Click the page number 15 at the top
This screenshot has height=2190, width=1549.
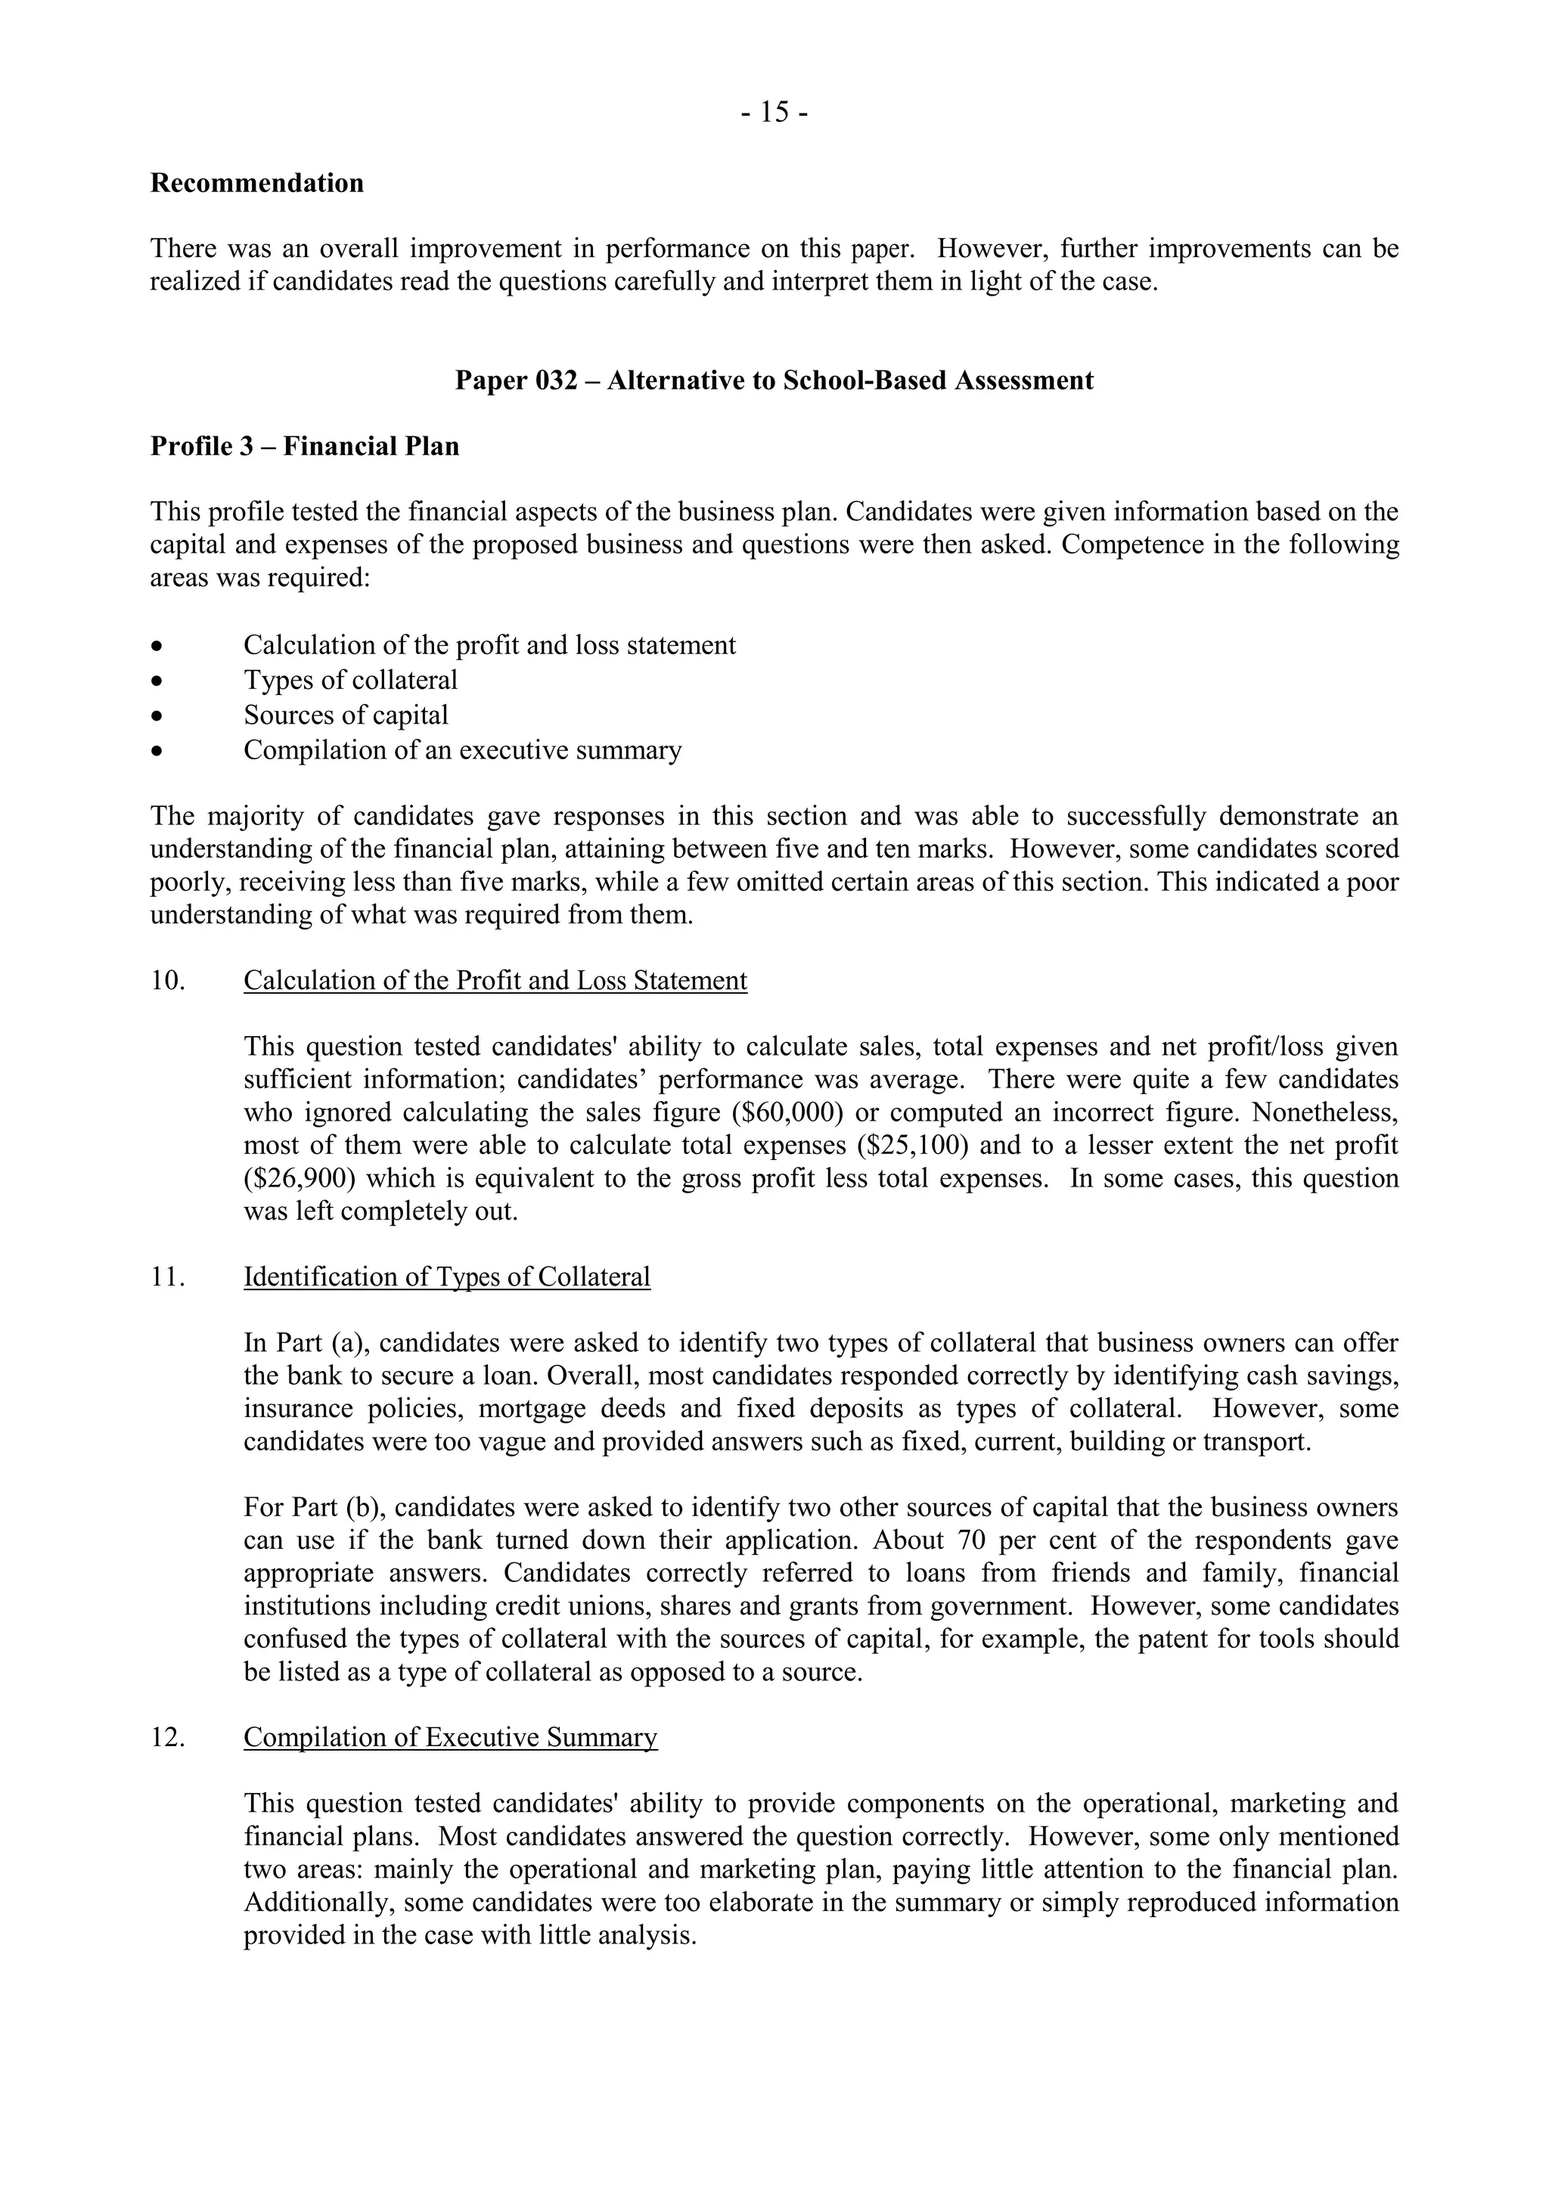pos(774,113)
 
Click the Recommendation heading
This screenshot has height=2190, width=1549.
pos(256,183)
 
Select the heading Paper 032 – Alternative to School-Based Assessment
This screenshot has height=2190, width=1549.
pos(774,380)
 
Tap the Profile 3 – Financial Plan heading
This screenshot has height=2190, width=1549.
pos(304,446)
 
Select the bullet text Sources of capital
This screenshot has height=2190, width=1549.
pos(346,715)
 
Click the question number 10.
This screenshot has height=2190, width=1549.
pos(168,982)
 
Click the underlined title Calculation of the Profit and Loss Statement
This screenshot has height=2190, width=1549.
pos(495,982)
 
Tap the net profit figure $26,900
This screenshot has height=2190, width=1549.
pos(300,1179)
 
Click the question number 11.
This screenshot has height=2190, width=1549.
pos(168,1277)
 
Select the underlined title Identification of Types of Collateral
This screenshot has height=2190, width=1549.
pos(446,1277)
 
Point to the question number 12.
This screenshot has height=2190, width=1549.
pos(168,1738)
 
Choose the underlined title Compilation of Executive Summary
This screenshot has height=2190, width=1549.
pos(450,1738)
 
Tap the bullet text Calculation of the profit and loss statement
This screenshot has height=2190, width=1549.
pos(489,646)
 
